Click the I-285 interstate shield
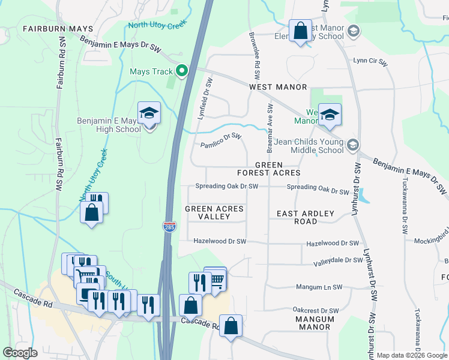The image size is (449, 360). coord(169,226)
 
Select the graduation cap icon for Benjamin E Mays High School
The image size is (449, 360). coord(149,113)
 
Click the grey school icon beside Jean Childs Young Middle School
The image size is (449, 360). coord(353,145)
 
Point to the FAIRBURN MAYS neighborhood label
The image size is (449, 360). coord(58,29)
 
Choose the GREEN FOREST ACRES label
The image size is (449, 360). coord(277,169)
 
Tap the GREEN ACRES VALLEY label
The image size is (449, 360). coord(214,212)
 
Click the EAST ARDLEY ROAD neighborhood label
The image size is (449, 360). coord(297,217)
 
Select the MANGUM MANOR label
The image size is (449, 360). coord(313,323)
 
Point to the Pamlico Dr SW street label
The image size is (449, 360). coord(220,141)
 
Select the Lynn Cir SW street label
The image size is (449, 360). coord(370,61)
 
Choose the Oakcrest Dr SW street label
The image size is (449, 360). coord(316,310)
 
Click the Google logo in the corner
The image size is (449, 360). coord(20,352)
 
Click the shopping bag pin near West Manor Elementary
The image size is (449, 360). coord(300,31)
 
